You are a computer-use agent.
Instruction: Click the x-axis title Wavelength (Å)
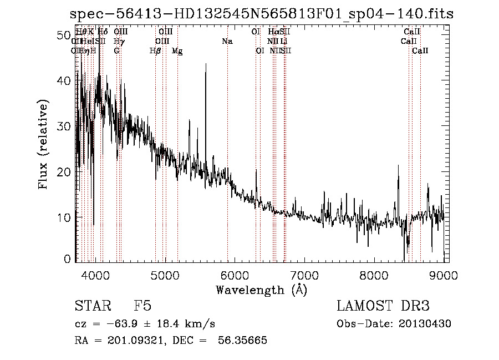(x=261, y=290)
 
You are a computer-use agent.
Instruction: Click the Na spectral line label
(x=227, y=41)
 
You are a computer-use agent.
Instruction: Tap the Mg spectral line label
(x=177, y=51)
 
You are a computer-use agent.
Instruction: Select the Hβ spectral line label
(x=155, y=50)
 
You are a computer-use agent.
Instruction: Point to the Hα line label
(x=273, y=32)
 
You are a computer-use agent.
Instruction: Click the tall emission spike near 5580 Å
(x=206, y=67)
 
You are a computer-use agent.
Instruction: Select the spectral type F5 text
(x=142, y=306)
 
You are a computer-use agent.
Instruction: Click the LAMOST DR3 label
(x=383, y=306)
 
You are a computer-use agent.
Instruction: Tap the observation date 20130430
(x=426, y=323)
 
